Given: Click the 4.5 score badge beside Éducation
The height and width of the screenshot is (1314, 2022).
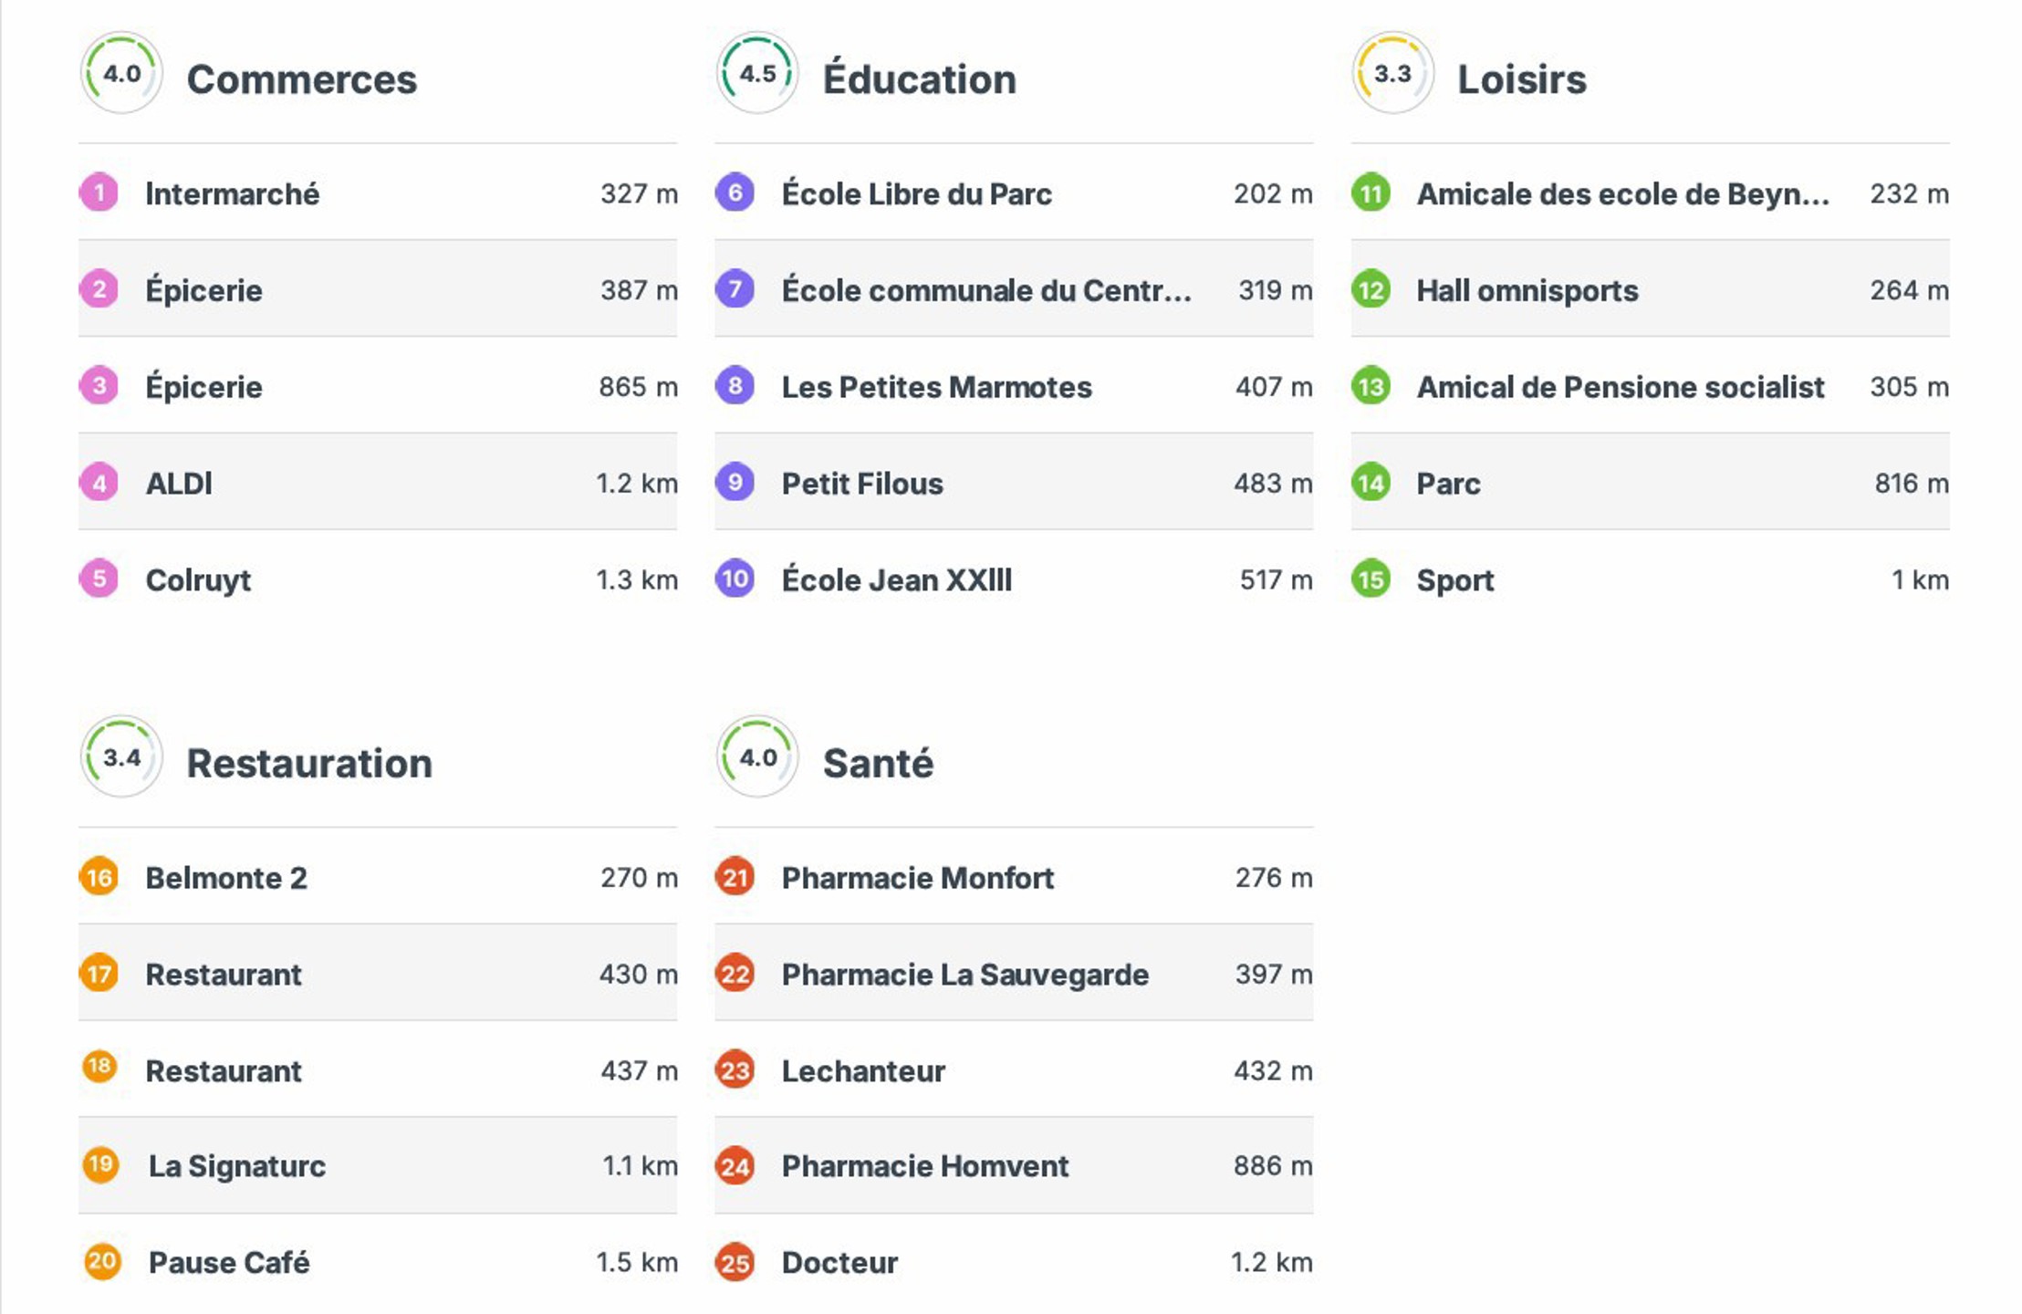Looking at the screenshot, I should [757, 73].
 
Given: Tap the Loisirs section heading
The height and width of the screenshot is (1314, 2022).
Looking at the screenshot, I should [1521, 79].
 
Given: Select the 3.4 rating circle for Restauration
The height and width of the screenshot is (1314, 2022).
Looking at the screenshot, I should [121, 756].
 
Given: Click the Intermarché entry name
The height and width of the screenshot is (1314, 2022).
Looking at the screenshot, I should [232, 194].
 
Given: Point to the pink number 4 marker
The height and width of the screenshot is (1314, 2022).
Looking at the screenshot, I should [99, 483].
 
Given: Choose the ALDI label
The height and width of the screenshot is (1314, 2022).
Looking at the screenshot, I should [179, 484].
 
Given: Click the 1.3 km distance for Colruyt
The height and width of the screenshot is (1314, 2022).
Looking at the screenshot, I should [636, 580].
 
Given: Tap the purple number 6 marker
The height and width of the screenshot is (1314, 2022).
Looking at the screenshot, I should [735, 193].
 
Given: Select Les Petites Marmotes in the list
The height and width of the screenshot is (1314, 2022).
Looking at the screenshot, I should [936, 388].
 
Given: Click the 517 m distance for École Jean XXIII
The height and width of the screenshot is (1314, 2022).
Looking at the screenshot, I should [1275, 580].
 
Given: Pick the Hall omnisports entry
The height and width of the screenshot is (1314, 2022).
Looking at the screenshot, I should [1527, 291].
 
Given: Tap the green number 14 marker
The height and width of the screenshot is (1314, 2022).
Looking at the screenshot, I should [1371, 483].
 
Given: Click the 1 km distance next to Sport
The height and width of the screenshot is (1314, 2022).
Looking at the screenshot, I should [1920, 580].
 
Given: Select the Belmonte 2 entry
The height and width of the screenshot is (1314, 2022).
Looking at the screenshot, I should [226, 878].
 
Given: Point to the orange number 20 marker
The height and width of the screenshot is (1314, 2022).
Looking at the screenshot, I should [101, 1262].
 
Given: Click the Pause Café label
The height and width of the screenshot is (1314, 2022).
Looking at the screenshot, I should [229, 1263].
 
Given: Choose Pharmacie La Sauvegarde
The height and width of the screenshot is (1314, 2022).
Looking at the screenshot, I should [964, 975].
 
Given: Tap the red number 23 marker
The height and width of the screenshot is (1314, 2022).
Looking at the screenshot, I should [735, 1069].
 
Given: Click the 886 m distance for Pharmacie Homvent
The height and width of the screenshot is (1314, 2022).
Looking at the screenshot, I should [1272, 1166].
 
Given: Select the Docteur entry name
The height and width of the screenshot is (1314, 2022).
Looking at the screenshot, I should [839, 1263].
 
